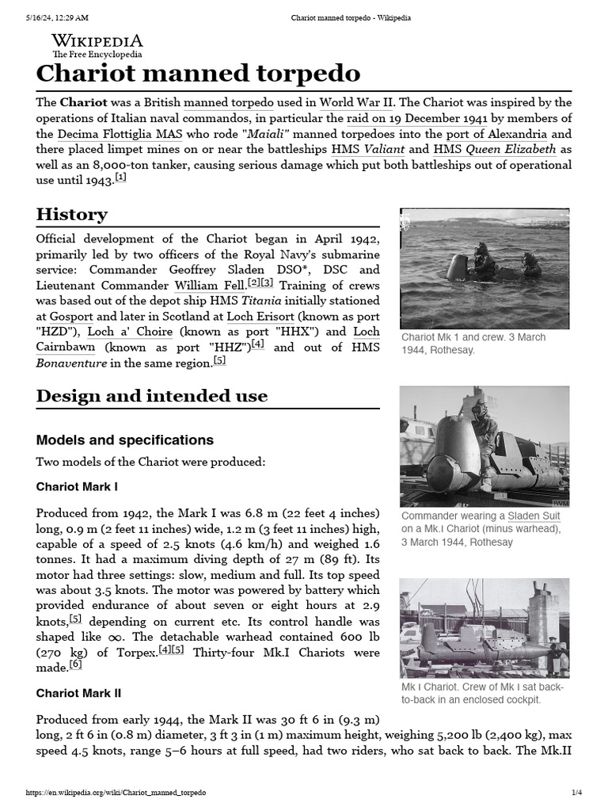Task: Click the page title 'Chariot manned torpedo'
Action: (198, 74)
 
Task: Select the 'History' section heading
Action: (71, 215)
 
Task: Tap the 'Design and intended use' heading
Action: (151, 396)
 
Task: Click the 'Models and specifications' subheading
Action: (124, 440)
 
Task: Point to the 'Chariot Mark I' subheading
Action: (78, 485)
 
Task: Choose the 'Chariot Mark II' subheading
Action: (78, 693)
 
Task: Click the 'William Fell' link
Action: (209, 285)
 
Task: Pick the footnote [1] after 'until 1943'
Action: (120, 177)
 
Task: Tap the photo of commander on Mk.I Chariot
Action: (484, 446)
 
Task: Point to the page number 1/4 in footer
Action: (576, 793)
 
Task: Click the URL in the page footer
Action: (116, 793)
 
